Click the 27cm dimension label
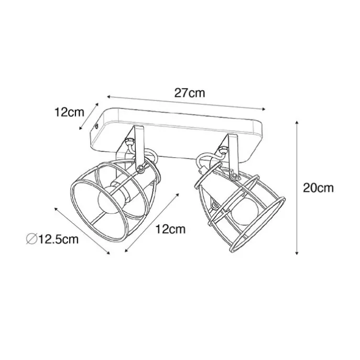[189, 93]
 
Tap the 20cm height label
[318, 188]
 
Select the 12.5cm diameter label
[58, 239]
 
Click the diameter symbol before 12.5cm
[31, 239]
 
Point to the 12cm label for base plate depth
[70, 112]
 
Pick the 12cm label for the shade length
[170, 229]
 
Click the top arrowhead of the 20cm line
[297, 123]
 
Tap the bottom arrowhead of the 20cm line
[297, 253]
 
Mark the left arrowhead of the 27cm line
[109, 96]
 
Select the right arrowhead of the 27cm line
[264, 109]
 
